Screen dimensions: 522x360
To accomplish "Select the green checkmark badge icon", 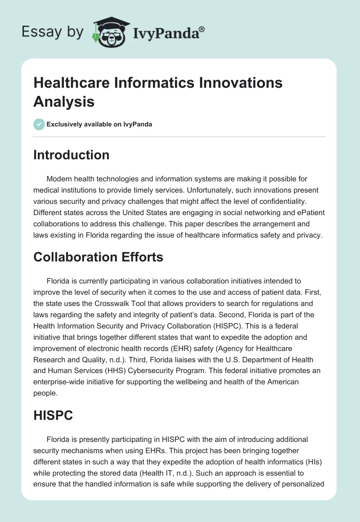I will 39,124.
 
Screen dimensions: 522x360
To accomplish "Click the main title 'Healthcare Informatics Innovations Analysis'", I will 158,92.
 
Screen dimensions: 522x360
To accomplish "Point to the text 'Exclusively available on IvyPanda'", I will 99,124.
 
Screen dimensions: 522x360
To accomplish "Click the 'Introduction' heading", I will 71,155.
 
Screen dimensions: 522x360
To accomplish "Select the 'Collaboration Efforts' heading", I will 98,257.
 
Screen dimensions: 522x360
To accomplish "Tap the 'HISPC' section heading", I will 53,415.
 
